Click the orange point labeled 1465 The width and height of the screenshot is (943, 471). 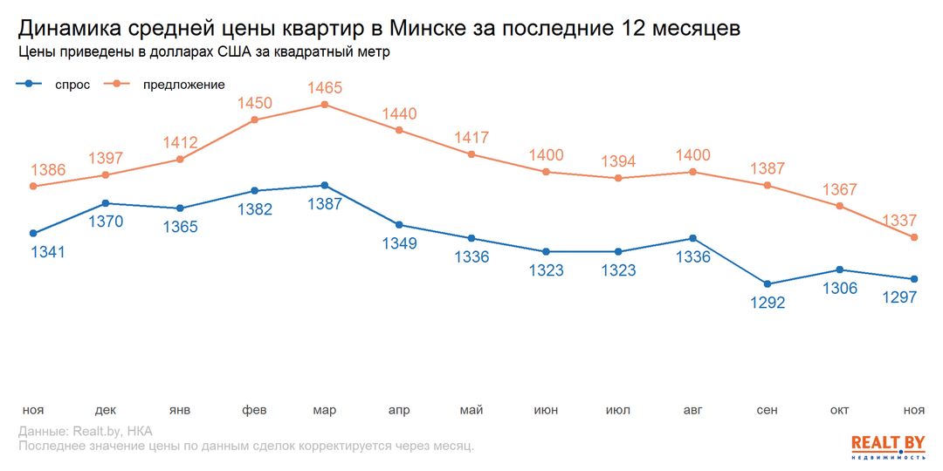[x=325, y=105]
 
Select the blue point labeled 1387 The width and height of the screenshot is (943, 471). [x=325, y=186]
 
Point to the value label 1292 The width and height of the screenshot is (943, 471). [x=767, y=303]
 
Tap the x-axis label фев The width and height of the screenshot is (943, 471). [x=254, y=410]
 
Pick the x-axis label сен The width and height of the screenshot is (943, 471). [x=767, y=410]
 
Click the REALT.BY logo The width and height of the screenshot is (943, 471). [x=887, y=446]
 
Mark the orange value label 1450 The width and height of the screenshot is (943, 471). [x=254, y=104]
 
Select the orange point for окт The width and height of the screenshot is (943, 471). [x=840, y=206]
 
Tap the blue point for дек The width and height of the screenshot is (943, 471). [x=107, y=203]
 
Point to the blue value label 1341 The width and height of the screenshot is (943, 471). [x=48, y=252]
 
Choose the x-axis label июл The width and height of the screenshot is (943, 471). [x=618, y=410]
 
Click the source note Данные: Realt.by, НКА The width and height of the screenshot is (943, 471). [x=85, y=432]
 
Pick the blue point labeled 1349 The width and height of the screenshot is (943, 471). [x=399, y=225]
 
